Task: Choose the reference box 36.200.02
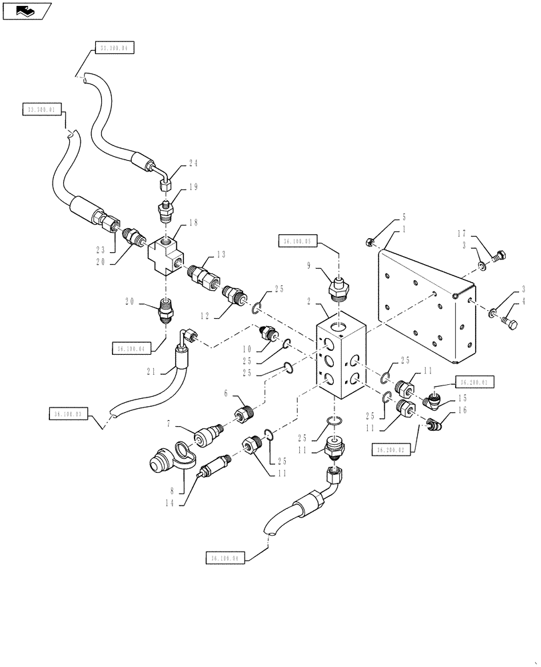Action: (x=392, y=451)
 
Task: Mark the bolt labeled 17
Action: (x=499, y=253)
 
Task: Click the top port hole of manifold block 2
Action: (x=340, y=328)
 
